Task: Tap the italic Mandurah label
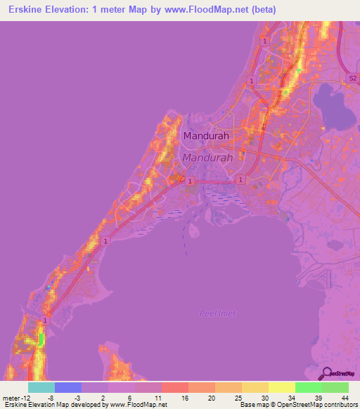206,159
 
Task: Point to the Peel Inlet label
218,313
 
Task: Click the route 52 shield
354,77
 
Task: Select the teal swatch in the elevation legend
41,387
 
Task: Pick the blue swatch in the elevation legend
68,387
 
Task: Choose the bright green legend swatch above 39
309,387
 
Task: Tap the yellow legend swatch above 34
282,387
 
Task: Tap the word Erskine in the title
29,10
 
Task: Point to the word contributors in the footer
340,405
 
